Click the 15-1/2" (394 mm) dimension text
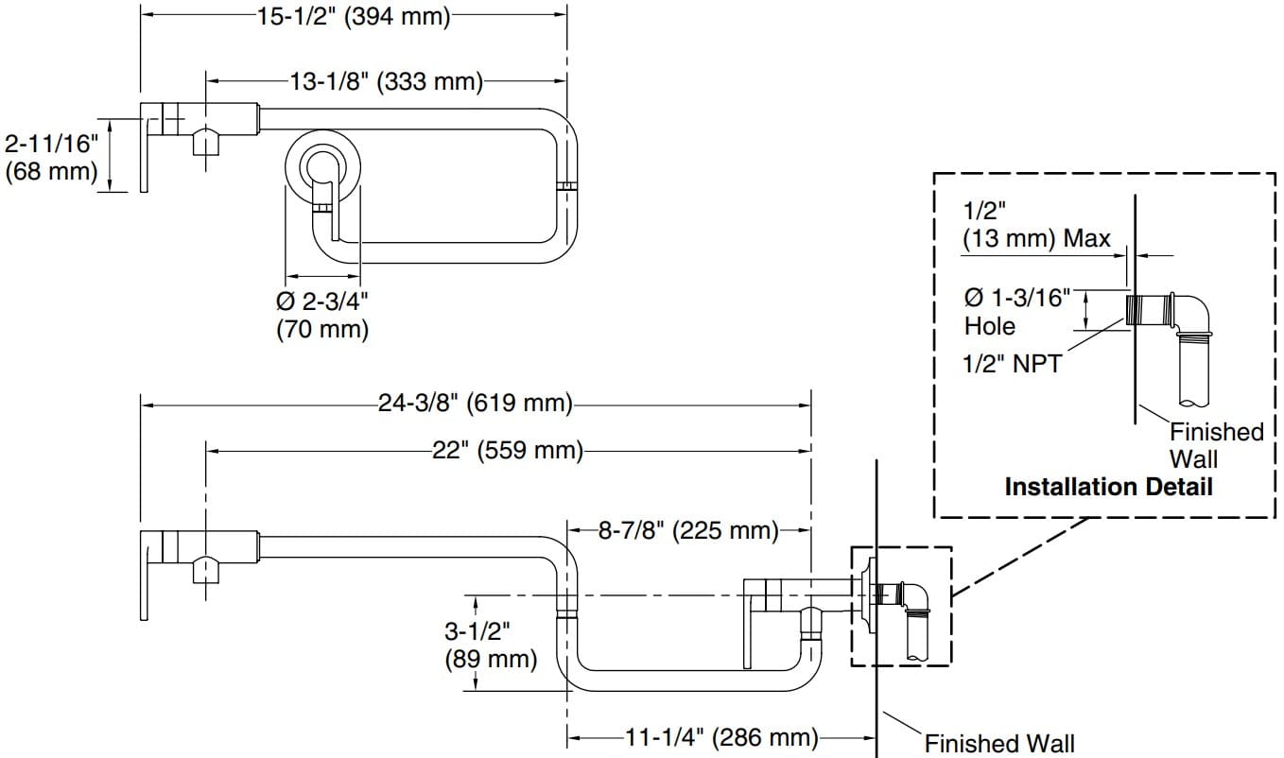tap(354, 16)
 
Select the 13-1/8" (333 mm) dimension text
tap(385, 82)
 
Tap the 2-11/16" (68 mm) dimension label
tap(51, 158)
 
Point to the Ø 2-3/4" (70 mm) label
tap(322, 316)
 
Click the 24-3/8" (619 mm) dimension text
tap(476, 405)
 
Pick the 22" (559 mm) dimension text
tap(507, 451)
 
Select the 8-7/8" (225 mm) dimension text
tap(687, 529)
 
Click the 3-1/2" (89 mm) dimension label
tap(490, 645)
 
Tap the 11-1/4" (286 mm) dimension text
tap(720, 737)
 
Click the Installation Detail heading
tap(1108, 488)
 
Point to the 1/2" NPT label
tap(1011, 363)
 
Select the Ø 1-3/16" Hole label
tap(1016, 312)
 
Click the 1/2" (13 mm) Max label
tap(1036, 225)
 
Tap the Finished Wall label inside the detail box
tap(1216, 445)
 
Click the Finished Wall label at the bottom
tap(998, 743)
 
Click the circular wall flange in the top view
tap(322, 168)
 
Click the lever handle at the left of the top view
tap(147, 146)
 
